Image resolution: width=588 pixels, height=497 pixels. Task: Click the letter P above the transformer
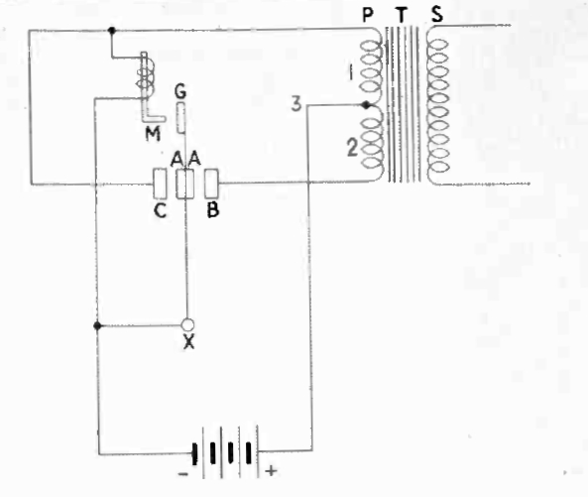click(368, 15)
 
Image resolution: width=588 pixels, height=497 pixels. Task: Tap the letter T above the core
click(402, 16)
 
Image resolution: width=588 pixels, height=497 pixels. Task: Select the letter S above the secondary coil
click(437, 15)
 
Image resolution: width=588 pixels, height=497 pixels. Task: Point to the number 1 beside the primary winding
click(351, 72)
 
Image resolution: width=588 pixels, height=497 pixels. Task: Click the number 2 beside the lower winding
click(352, 148)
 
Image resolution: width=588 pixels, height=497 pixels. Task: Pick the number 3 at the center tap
click(296, 104)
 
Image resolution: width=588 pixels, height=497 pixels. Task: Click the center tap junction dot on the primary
click(366, 105)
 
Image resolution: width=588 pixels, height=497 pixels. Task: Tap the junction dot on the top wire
click(111, 30)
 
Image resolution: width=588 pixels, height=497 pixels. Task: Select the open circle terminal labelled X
click(187, 324)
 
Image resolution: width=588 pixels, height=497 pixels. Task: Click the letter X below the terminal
click(189, 341)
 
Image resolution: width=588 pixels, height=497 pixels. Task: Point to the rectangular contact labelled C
click(160, 184)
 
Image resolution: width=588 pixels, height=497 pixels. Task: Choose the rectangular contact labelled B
click(211, 184)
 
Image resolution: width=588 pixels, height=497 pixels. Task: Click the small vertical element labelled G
click(180, 118)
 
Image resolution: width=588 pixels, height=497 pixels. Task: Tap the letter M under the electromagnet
click(153, 134)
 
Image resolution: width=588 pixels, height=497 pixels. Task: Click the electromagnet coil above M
click(146, 78)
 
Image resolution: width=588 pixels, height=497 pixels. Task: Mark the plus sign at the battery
click(271, 470)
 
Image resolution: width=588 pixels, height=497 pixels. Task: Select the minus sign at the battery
click(183, 474)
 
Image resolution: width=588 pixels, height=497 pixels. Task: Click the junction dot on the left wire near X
click(97, 325)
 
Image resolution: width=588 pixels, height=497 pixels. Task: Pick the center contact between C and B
click(184, 184)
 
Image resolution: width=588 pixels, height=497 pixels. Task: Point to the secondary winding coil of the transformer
click(437, 105)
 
